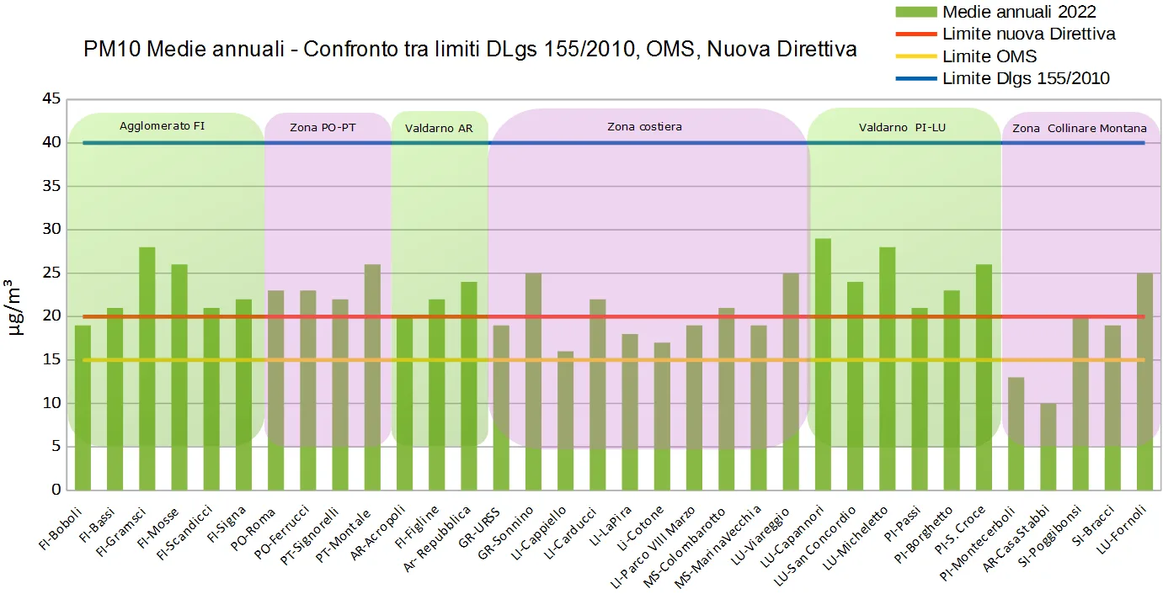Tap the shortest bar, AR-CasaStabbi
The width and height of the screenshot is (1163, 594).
click(x=1048, y=447)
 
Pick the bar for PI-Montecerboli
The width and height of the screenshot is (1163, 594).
click(x=1016, y=433)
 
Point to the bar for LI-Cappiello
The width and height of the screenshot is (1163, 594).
click(x=566, y=421)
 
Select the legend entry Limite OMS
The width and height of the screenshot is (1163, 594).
click(x=990, y=57)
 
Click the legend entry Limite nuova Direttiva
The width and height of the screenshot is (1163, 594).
click(x=1029, y=34)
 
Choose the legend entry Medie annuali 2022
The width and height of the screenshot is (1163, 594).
click(x=1019, y=12)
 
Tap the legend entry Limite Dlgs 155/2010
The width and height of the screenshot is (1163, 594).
click(x=1026, y=79)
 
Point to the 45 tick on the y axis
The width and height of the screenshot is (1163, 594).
click(x=51, y=99)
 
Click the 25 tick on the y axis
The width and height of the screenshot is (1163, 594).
click(x=51, y=273)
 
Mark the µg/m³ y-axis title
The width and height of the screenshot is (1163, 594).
click(x=16, y=307)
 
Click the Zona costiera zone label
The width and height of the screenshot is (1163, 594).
click(x=644, y=127)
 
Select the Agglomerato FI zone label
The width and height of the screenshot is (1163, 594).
click(x=162, y=126)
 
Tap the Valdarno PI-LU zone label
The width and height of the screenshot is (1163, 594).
click(x=901, y=128)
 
